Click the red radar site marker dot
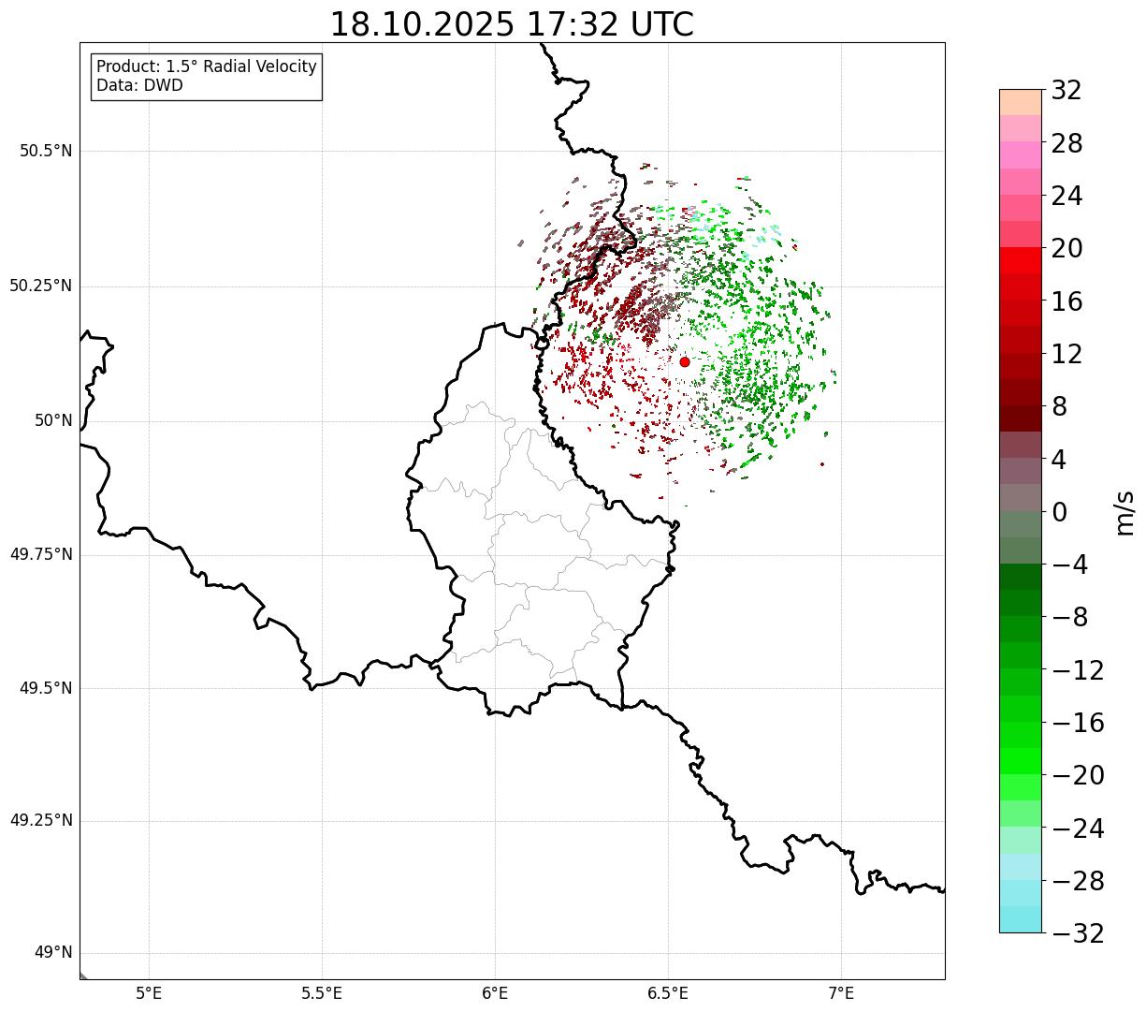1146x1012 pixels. point(685,361)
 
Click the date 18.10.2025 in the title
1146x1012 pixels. point(422,24)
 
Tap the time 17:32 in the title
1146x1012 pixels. point(573,24)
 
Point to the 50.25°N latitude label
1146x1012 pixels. point(41,286)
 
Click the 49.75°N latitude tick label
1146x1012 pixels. point(41,554)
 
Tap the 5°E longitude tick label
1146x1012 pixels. point(150,992)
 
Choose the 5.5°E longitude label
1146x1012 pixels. point(322,992)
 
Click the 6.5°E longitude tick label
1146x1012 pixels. point(668,992)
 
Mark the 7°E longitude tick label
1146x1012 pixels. point(841,992)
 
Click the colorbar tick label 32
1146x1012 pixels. point(1066,91)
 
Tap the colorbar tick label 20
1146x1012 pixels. point(1066,249)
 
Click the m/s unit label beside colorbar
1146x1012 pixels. point(1125,512)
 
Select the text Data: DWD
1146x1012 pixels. point(139,85)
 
